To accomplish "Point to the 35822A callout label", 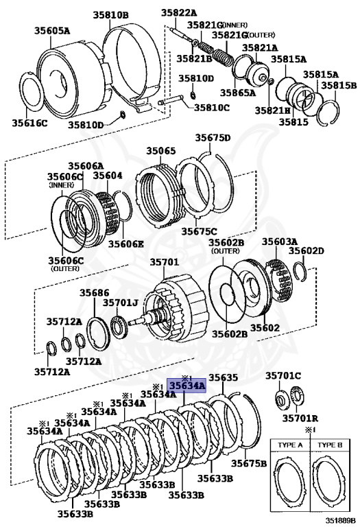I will click(178, 12).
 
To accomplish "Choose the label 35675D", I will click(213, 138).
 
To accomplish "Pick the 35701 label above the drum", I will click(164, 262).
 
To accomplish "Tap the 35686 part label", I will click(94, 292).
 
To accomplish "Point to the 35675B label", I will click(248, 463).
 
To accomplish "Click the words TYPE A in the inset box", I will click(291, 445).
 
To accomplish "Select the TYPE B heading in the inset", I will click(332, 445).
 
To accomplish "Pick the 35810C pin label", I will click(211, 107).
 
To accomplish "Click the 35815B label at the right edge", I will click(339, 86).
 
